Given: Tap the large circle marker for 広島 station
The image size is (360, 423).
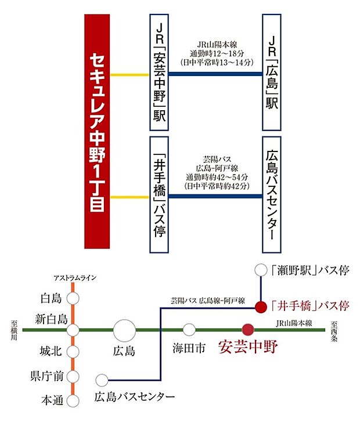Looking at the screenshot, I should click(125, 331).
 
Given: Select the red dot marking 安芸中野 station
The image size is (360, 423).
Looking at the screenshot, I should click(248, 330).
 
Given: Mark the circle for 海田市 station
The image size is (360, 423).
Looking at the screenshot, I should click(189, 330).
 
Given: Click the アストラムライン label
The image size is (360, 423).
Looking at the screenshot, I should click(73, 278).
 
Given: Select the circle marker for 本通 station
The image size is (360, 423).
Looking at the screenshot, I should click(73, 400).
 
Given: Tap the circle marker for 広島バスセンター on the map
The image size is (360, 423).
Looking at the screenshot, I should click(102, 381).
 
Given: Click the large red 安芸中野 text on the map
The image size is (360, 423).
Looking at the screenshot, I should click(248, 348).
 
